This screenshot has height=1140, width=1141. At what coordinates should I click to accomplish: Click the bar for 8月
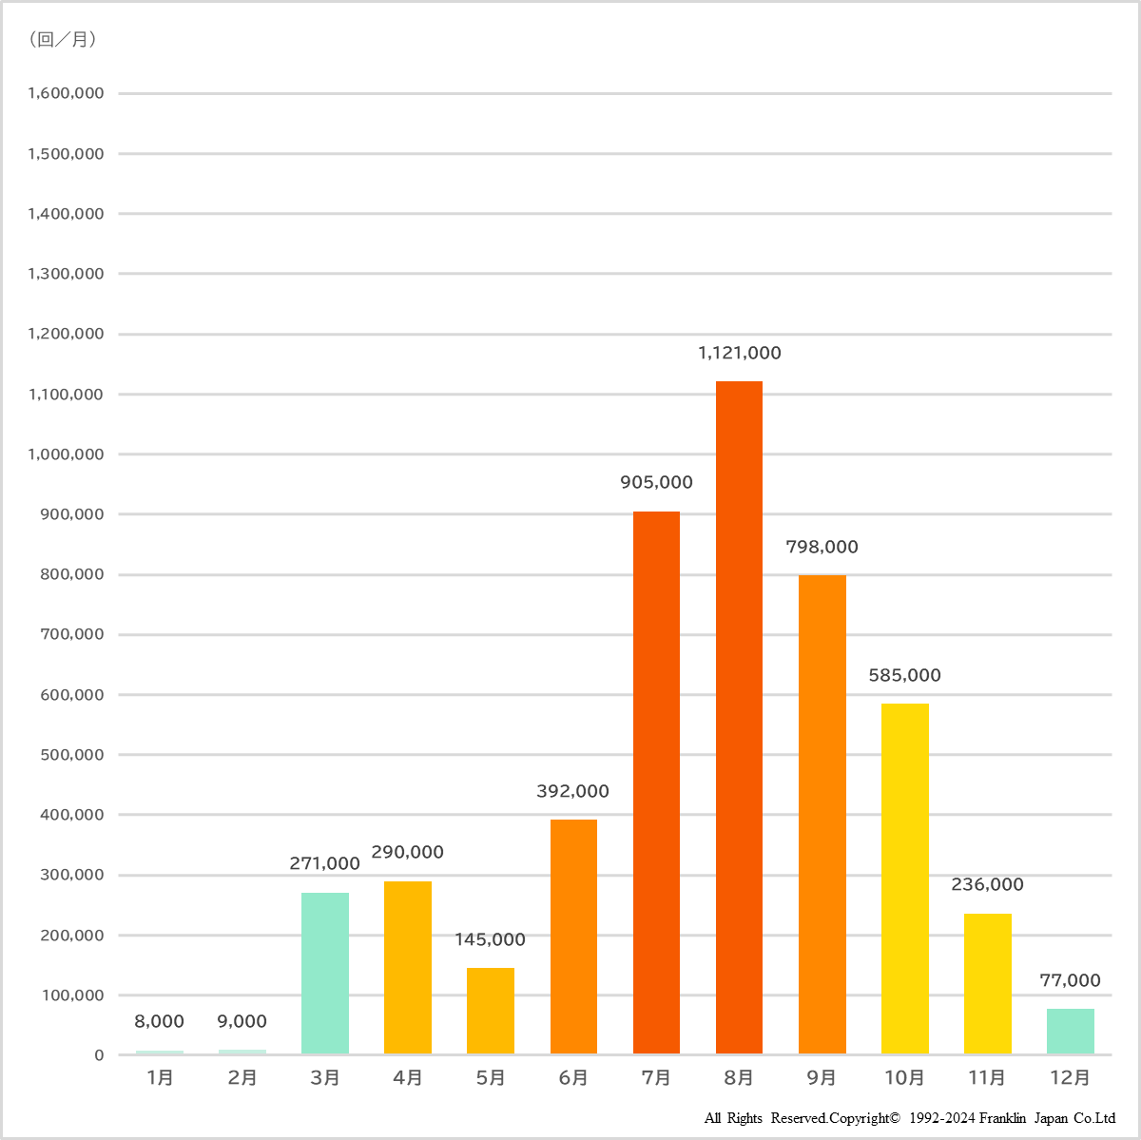coord(739,717)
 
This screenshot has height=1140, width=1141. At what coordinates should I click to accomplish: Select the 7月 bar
coord(656,782)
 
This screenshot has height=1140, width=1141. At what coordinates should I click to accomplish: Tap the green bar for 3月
coord(325,973)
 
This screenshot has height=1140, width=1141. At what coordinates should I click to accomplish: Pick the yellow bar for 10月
coord(904,878)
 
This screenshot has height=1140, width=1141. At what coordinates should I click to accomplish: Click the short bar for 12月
coord(1070,1031)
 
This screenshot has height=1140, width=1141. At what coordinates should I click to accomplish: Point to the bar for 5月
coord(491,1010)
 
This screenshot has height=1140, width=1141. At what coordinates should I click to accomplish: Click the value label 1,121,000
coord(739,353)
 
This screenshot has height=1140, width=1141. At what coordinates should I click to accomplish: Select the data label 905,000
coord(656,482)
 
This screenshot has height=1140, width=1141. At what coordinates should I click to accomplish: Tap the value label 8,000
coord(159,1021)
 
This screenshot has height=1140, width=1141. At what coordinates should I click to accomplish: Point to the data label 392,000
coord(572,791)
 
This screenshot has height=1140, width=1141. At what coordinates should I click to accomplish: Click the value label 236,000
coord(987,884)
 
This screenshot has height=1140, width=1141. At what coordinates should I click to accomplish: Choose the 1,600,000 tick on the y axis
coord(66,93)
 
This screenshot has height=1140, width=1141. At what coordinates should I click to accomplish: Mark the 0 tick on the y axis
coord(99,1055)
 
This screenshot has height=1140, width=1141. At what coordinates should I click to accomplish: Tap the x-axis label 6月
coord(573,1077)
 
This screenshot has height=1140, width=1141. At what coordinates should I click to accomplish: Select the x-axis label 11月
coord(987,1077)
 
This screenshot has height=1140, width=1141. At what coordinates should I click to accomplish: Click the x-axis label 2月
coord(242,1077)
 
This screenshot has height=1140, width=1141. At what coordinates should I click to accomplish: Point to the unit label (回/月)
coord(63,40)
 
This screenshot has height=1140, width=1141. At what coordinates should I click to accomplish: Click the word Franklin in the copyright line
coord(1003,1118)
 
